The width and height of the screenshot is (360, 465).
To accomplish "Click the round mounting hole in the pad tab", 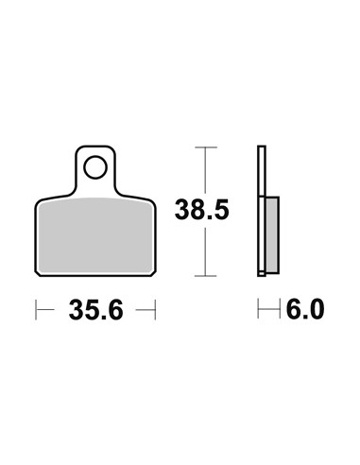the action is coord(95,167).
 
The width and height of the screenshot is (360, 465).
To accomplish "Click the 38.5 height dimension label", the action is coord(202,210).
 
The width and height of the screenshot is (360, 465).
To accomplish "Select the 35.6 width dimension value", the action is coord(95,310).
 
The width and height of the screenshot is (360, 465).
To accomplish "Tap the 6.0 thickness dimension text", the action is coord(305,309).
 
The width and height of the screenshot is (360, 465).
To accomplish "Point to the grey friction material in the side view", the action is coord(272,235).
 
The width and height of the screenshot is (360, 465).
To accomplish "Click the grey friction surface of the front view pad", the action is coord(95,235).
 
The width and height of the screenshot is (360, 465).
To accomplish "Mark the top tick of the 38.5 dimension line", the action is coord(206,147).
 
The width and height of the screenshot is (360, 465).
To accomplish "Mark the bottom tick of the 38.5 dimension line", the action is coord(205,276).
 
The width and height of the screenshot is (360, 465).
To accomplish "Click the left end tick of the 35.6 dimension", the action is coord(36,310).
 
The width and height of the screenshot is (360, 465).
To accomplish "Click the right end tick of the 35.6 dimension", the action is coord(155,310).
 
